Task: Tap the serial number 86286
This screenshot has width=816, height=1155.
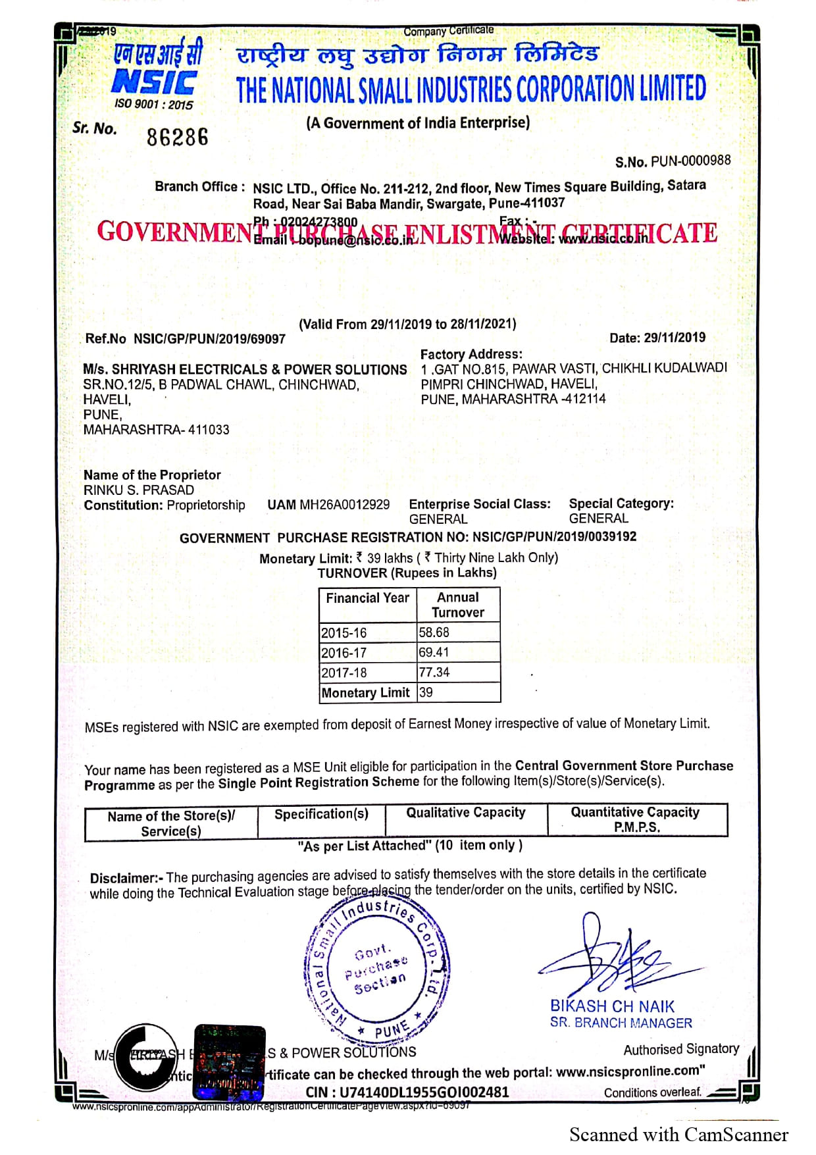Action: click(177, 138)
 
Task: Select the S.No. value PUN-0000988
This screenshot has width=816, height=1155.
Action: click(690, 161)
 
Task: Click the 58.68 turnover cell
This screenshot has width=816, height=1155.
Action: click(458, 632)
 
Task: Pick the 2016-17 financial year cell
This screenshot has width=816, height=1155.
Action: click(367, 653)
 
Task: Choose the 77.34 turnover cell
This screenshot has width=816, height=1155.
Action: click(458, 673)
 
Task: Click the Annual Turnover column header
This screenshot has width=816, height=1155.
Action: click(458, 605)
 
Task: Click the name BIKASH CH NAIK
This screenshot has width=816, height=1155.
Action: click(612, 1006)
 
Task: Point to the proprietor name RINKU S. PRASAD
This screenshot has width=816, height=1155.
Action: click(139, 490)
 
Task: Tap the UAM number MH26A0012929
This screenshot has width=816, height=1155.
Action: click(344, 505)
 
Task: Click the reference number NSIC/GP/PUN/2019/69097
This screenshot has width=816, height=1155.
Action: click(209, 339)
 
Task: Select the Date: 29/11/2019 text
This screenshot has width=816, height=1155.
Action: click(657, 338)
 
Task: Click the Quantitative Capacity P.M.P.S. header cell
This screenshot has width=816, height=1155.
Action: click(636, 820)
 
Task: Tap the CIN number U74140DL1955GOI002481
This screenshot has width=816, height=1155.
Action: click(424, 1092)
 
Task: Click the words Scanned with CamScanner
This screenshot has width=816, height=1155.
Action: click(678, 1135)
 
